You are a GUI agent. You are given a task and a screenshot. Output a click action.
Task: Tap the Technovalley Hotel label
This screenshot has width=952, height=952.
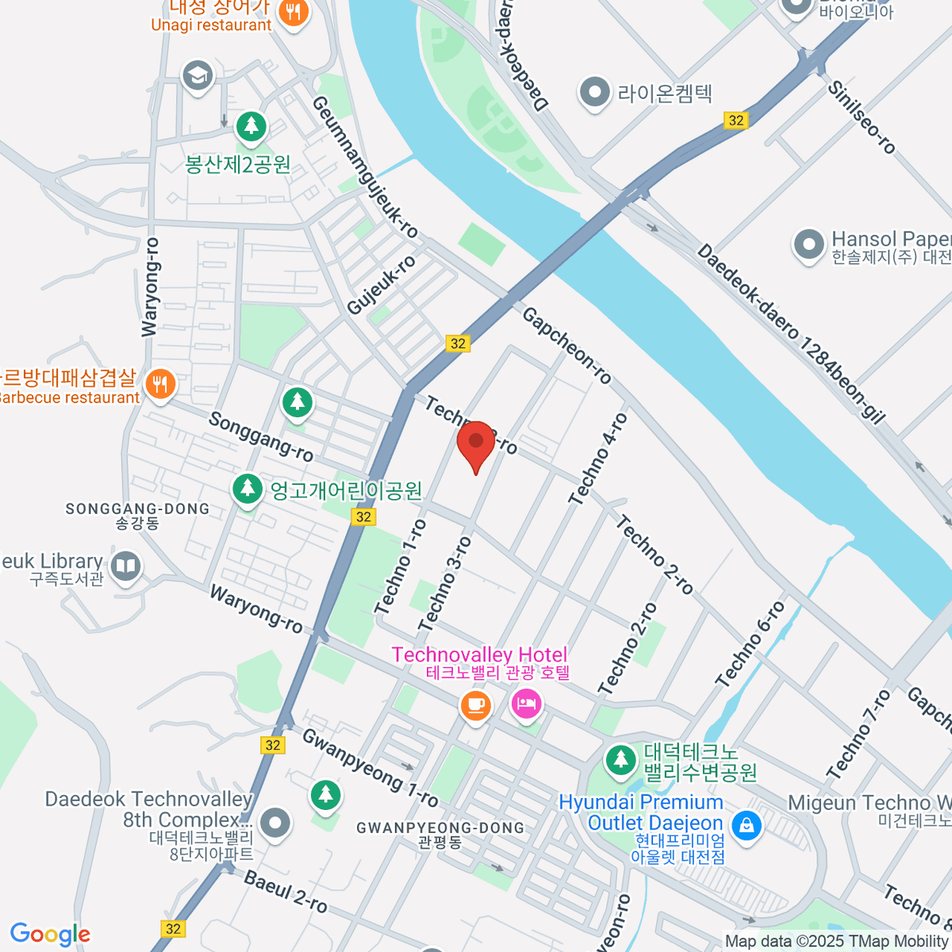(x=479, y=655)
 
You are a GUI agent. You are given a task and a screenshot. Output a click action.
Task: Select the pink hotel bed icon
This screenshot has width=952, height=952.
(x=527, y=703)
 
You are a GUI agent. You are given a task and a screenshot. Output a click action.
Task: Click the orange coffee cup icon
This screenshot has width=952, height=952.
(x=475, y=705)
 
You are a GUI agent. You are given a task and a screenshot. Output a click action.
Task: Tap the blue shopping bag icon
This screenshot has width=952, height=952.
(x=746, y=825)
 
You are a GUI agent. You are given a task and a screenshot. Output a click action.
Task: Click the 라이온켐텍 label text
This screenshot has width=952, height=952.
(x=665, y=94)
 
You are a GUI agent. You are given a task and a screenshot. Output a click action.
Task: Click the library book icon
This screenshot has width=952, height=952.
(x=125, y=567)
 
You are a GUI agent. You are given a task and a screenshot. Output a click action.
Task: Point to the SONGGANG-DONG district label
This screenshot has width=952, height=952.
(x=137, y=509)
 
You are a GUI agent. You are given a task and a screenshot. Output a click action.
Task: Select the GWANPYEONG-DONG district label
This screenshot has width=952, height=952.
(x=440, y=827)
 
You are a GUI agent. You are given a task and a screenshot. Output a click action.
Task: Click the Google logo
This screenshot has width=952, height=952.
(x=50, y=935)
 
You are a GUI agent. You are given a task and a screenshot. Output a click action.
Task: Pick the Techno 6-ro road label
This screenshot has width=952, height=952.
(x=750, y=644)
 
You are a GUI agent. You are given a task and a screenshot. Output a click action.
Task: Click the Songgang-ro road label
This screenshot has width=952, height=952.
(x=260, y=436)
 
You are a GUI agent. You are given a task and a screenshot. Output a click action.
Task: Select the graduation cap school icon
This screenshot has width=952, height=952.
(x=197, y=76)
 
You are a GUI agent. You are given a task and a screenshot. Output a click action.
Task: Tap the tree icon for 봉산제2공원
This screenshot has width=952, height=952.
(x=251, y=126)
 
